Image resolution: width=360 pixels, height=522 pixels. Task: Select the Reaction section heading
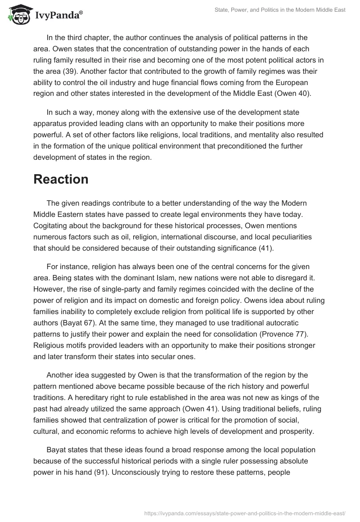point(61,179)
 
